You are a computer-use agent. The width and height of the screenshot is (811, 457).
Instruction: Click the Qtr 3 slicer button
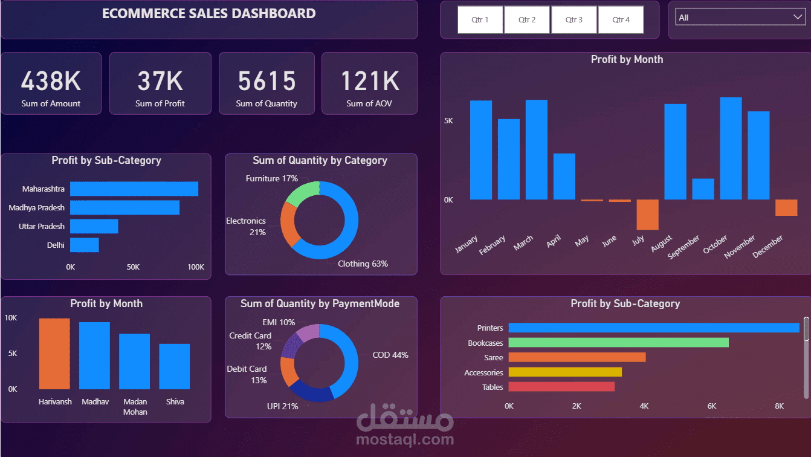574,20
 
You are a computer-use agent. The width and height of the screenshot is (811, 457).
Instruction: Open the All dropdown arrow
797,18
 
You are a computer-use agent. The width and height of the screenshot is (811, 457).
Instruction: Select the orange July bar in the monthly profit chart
647,215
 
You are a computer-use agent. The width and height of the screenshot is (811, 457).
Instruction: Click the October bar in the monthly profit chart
731,149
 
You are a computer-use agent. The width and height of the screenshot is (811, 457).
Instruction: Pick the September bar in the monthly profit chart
703,189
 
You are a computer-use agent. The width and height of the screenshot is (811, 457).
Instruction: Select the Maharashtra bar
134,189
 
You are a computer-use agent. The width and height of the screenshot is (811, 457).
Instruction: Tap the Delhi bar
85,245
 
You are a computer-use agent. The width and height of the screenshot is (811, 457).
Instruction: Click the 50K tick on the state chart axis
133,267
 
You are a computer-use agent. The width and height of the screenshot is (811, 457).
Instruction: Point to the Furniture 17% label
271,179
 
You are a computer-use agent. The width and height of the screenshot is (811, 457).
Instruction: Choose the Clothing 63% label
363,264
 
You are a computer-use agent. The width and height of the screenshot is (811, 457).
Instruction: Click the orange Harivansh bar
54,354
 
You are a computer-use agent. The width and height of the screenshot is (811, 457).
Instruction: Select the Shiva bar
175,366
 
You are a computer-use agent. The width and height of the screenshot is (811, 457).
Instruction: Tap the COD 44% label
390,355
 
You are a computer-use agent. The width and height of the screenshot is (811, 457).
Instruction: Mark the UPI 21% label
283,406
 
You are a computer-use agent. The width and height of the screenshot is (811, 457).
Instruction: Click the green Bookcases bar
618,343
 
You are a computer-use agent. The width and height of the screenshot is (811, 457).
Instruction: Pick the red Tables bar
561,387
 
